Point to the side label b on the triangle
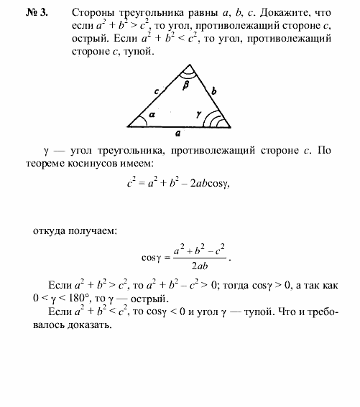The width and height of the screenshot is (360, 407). pyautogui.click(x=214, y=90)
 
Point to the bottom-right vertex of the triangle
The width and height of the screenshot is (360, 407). pyautogui.click(x=230, y=126)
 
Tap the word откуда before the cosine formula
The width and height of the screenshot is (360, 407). pyautogui.click(x=52, y=230)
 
